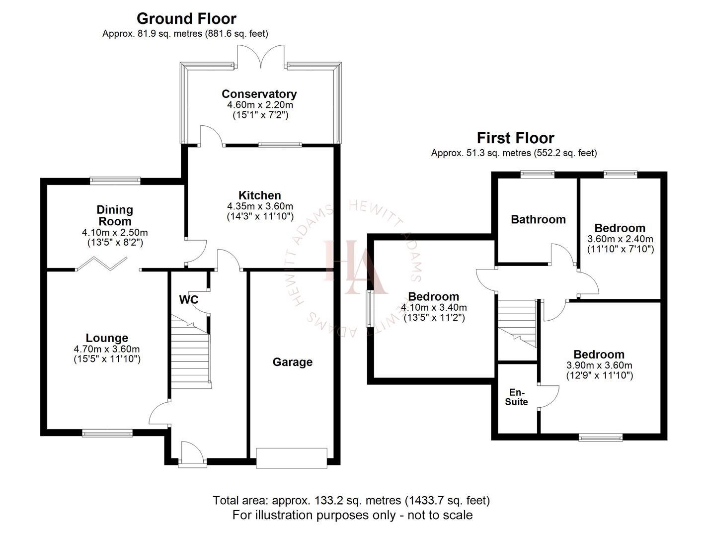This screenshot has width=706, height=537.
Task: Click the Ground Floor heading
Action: tap(186, 19)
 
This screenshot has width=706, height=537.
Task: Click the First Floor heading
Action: tap(515, 138)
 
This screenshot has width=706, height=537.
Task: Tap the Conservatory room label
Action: tap(259, 94)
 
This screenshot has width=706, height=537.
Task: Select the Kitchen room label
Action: tap(259, 195)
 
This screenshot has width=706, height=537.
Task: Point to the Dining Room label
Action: tap(114, 215)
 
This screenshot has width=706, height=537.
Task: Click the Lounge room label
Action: tap(107, 338)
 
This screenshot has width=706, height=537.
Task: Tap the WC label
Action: tap(188, 300)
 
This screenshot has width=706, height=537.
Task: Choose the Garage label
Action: tap(292, 362)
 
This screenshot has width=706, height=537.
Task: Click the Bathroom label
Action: tap(538, 219)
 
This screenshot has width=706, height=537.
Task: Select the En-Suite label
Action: tap(516, 397)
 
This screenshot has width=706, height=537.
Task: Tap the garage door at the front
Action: tap(292, 457)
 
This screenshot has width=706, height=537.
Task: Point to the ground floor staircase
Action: tap(191, 354)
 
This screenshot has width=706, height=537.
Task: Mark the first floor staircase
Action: tap(517, 323)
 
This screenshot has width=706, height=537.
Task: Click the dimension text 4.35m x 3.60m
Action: tap(260, 206)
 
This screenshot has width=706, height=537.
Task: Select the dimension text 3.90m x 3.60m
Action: tap(599, 365)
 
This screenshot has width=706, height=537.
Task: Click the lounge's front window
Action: tap(107, 433)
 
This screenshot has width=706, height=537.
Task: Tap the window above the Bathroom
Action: tap(537, 174)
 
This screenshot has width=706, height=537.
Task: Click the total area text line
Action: tap(351, 500)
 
